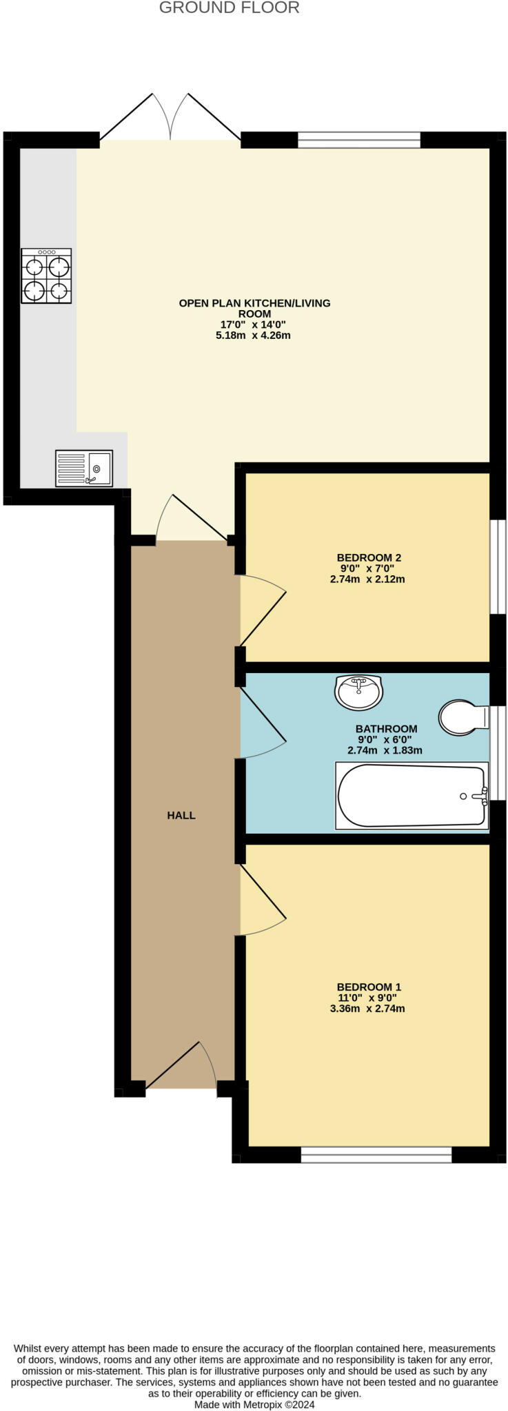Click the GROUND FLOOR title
tap(229, 8)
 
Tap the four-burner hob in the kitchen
tap(46, 276)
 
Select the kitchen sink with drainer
tap(84, 468)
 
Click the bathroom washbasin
tap(358, 692)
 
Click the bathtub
tap(412, 795)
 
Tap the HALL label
tap(181, 815)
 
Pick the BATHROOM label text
tap(386, 728)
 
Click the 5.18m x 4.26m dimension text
tap(253, 336)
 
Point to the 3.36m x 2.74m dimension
tap(367, 1009)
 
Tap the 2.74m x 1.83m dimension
tap(385, 750)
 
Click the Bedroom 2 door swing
tap(262, 610)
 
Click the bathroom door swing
tap(262, 723)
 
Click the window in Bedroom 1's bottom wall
tap(376, 1154)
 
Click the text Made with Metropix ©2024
tap(254, 1404)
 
